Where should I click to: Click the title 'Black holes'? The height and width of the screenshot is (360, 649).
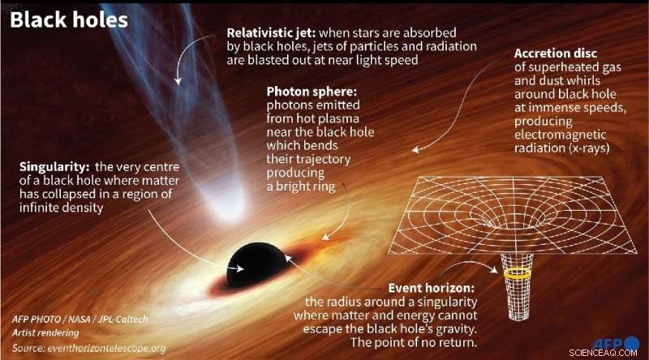(68, 19)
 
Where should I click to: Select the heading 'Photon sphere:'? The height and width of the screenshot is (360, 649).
(312, 92)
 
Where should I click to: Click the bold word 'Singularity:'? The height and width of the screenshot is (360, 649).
(56, 167)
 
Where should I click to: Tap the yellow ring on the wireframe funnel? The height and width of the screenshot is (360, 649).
(516, 276)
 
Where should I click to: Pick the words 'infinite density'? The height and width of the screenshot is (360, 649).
(62, 207)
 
